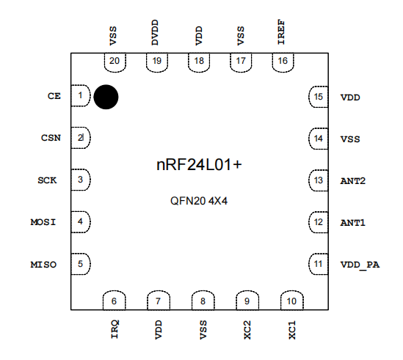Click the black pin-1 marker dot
[106, 97]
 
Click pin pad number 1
[80, 95]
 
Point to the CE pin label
[54, 96]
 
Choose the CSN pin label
[50, 138]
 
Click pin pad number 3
[80, 180]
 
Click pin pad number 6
[114, 301]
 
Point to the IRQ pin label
[115, 330]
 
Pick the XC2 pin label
[248, 330]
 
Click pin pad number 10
[291, 301]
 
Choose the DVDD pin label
[156, 34]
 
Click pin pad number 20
[114, 62]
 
